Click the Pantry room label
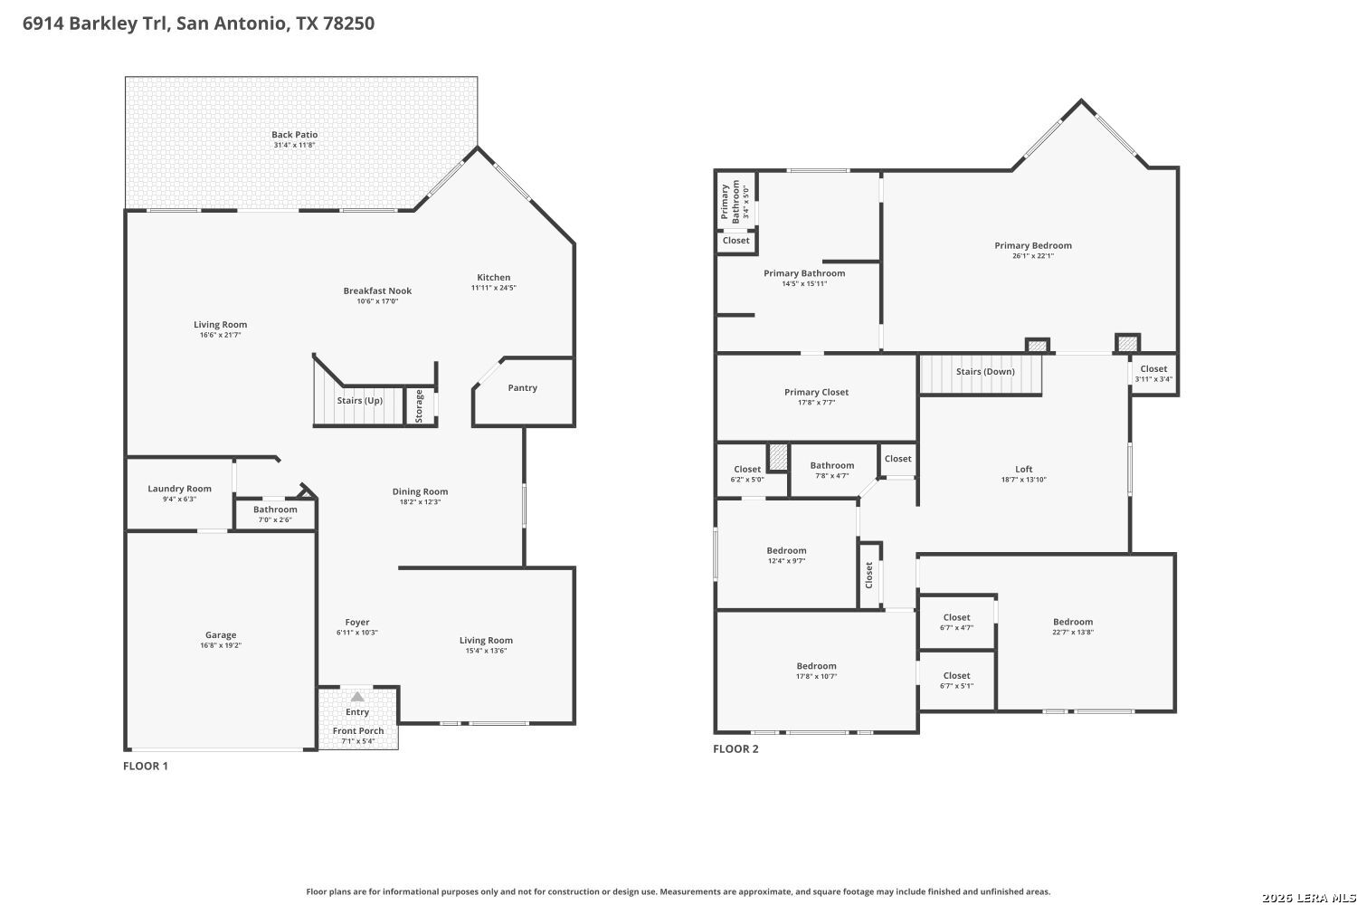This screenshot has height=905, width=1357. pyautogui.click(x=522, y=388)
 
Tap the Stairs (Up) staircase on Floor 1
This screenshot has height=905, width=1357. pyautogui.click(x=358, y=405)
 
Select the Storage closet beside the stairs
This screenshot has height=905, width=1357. pyautogui.click(x=420, y=406)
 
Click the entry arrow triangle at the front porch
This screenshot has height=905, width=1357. pyautogui.click(x=357, y=697)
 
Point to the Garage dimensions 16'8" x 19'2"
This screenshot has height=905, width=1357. pyautogui.click(x=221, y=645)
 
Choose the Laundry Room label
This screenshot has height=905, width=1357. pyautogui.click(x=179, y=489)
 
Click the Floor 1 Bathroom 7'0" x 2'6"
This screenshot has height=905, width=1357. pyautogui.click(x=275, y=515)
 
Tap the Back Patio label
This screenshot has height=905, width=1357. pyautogui.click(x=294, y=135)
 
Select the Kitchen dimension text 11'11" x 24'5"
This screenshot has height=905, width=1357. pyautogui.click(x=494, y=288)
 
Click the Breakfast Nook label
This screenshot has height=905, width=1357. pyautogui.click(x=377, y=291)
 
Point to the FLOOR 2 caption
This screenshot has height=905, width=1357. pyautogui.click(x=735, y=748)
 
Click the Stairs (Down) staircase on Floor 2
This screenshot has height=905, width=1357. pyautogui.click(x=981, y=374)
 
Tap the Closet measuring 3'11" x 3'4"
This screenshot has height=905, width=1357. pyautogui.click(x=1153, y=374)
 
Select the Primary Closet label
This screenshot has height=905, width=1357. pyautogui.click(x=816, y=392)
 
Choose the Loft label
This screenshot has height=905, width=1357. pyautogui.click(x=1024, y=469)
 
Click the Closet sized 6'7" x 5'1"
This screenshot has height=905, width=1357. pyautogui.click(x=956, y=681)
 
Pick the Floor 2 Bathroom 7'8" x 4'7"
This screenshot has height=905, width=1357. pyautogui.click(x=832, y=471)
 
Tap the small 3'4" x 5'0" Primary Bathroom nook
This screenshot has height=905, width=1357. pyautogui.click(x=735, y=201)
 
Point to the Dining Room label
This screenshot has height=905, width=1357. pyautogui.click(x=420, y=491)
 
